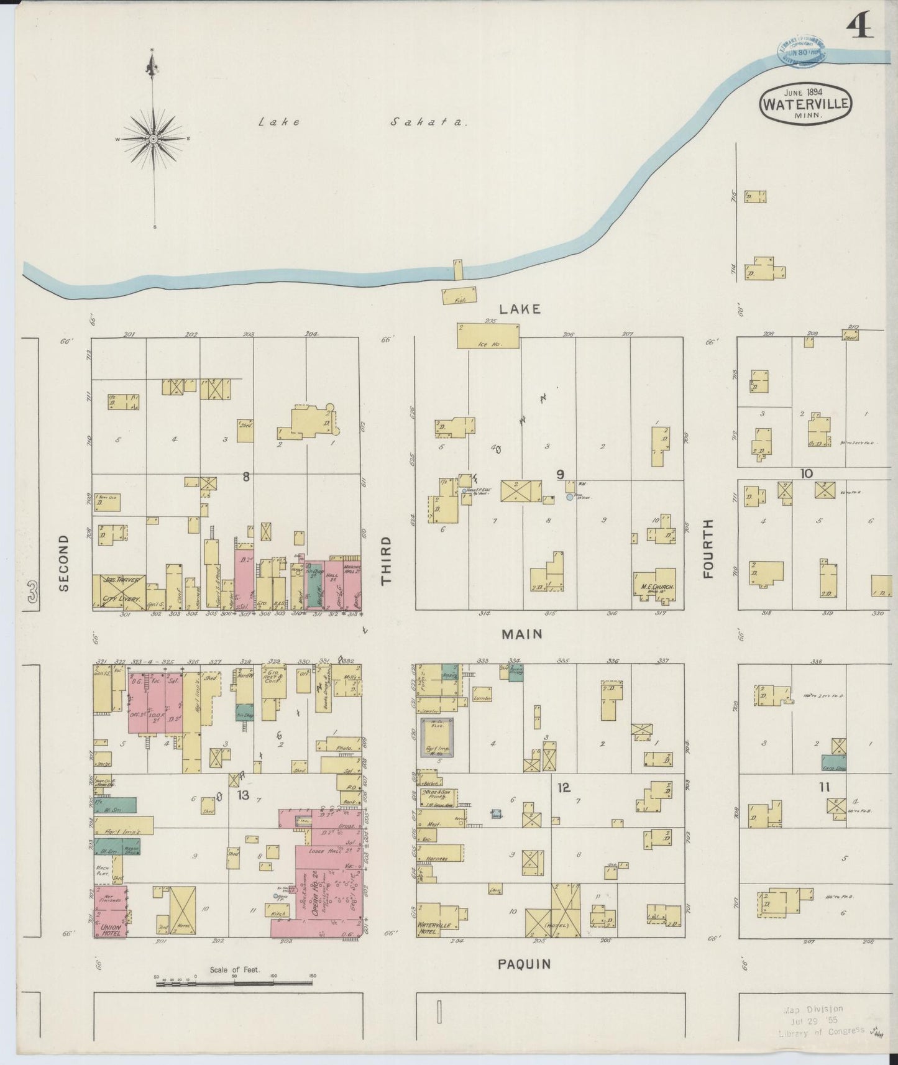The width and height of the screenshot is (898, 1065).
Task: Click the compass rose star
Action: pos(153,138)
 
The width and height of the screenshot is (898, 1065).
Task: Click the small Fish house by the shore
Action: pos(459,296)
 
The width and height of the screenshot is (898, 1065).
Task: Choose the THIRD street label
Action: pos(387,560)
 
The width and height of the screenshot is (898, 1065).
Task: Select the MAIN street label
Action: pos(522,634)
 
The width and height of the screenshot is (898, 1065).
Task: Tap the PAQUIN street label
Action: pos(524,964)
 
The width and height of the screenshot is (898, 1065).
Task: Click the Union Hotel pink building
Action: pos(111,912)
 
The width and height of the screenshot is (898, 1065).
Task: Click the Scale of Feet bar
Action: pos(234,982)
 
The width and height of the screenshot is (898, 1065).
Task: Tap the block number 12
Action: pos(563,788)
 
